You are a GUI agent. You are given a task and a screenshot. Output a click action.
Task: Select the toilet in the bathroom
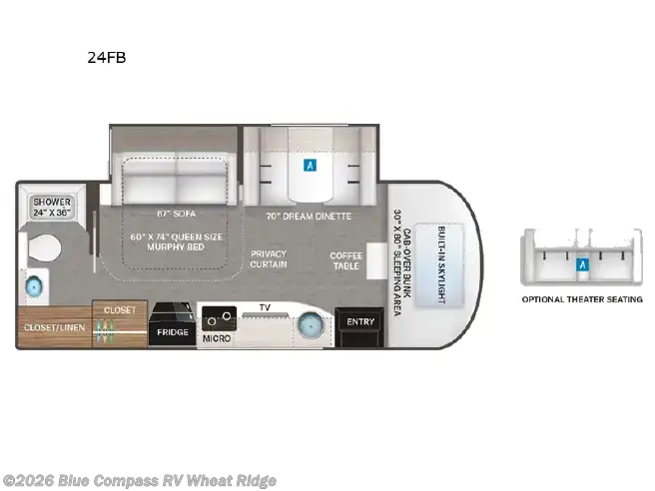[46, 248]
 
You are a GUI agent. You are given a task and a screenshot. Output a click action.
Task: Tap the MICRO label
[216, 339]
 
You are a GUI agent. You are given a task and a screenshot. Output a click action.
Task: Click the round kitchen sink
[311, 325]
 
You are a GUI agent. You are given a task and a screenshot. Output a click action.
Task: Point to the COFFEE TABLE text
[346, 260]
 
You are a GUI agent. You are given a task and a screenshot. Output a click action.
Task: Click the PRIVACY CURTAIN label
[269, 258]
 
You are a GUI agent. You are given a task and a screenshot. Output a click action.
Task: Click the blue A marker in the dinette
[311, 166]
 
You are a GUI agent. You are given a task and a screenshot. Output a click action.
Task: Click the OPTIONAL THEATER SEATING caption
[582, 299]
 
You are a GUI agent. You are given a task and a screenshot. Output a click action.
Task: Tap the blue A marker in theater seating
[581, 264]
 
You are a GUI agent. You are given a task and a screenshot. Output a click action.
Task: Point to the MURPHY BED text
[177, 246]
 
